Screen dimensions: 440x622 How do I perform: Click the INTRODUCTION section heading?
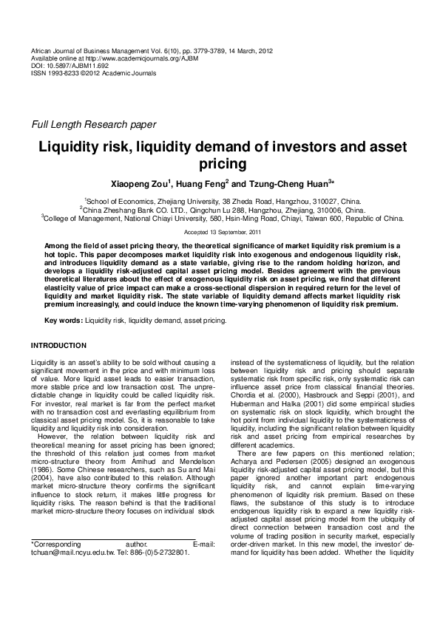pyautogui.click(x=58, y=345)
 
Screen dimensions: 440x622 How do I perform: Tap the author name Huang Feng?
pyautogui.click(x=203, y=182)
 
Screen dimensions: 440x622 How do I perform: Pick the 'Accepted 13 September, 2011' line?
pyautogui.click(x=220, y=232)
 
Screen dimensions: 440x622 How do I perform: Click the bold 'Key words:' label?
pyautogui.click(x=64, y=321)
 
